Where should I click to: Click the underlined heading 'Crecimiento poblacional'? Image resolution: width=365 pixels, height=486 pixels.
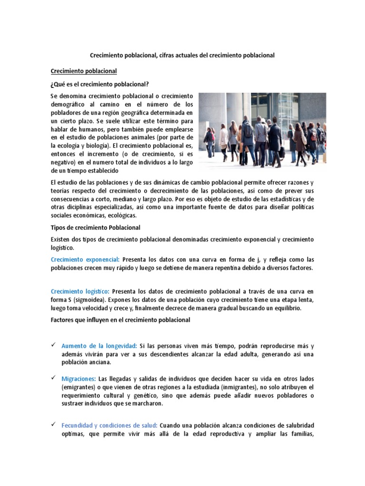(84, 71)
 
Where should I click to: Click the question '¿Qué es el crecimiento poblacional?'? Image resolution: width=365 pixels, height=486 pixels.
(100, 84)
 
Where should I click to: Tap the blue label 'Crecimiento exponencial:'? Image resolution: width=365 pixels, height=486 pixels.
(85, 260)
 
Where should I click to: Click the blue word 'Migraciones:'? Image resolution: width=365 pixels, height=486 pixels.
(78, 379)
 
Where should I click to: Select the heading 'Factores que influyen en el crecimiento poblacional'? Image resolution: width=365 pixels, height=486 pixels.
(120, 320)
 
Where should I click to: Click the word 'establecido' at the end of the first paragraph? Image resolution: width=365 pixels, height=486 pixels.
(100, 170)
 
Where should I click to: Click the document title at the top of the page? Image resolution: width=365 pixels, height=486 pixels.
(182, 56)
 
